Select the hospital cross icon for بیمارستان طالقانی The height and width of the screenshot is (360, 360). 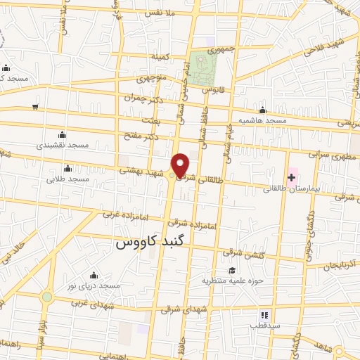coord(292,177)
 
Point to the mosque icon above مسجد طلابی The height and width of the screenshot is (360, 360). coord(67,168)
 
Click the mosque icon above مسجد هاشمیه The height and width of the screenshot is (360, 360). coord(262,110)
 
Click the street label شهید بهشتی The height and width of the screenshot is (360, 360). coord(141,169)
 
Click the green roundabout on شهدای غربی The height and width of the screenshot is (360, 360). coord(46,297)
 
